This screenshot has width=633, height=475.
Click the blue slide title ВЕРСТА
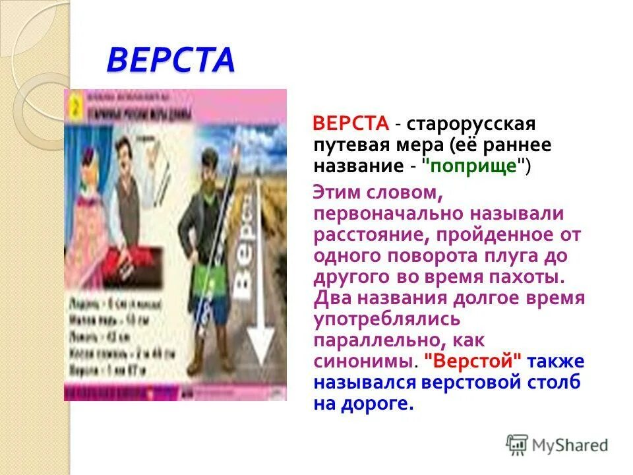point(170,60)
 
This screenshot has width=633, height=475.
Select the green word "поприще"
point(477,166)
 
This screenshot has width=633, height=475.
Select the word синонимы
point(364,362)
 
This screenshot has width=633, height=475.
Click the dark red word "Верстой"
point(473,362)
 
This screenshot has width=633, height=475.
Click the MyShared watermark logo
point(557,444)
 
